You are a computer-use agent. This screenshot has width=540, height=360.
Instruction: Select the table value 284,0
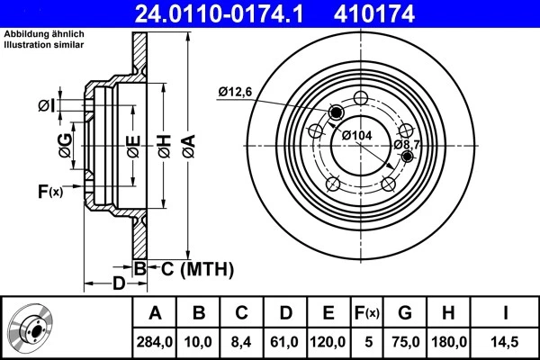click(x=155, y=341)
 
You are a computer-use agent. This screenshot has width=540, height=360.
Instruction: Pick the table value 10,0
click(x=199, y=341)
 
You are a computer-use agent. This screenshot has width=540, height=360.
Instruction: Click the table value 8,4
click(x=242, y=341)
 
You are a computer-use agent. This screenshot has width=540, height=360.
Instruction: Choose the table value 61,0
click(x=285, y=341)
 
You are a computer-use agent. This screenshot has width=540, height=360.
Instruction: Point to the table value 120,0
click(x=328, y=341)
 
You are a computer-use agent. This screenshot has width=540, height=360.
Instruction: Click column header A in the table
click(x=155, y=313)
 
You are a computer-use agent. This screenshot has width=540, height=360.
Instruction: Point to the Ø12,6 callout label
click(x=237, y=90)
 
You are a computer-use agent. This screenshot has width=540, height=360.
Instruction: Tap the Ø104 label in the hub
click(x=356, y=135)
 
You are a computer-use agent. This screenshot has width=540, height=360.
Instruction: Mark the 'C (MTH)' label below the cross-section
click(x=197, y=268)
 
